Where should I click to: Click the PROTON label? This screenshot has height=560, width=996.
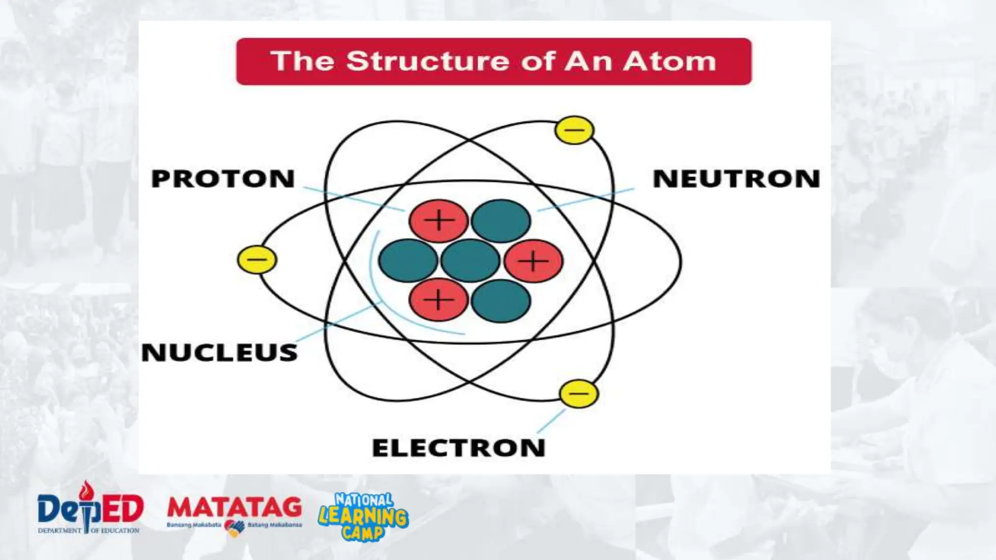(223, 178)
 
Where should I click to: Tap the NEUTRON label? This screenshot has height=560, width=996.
(736, 178)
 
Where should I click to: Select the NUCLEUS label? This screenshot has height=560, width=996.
(219, 352)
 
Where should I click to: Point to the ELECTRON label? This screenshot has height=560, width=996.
(459, 448)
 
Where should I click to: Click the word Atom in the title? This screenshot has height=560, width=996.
(670, 61)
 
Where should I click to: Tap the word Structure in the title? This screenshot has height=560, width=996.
(428, 61)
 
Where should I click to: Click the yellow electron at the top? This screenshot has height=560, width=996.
(574, 130)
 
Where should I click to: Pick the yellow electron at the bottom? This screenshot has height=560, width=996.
(579, 393)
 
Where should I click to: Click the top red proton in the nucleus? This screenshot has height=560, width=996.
(439, 221)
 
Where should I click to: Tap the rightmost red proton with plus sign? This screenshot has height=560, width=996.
(534, 261)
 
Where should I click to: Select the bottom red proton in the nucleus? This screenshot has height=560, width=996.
(439, 300)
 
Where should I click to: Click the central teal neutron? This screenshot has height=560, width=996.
(470, 261)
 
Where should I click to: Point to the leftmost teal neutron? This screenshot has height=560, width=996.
(408, 261)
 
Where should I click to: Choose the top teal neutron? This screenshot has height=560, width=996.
(501, 221)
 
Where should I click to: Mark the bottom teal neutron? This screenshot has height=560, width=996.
(501, 301)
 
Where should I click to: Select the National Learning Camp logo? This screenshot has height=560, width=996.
(363, 516)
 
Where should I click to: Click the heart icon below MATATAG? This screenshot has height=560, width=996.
(235, 528)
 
